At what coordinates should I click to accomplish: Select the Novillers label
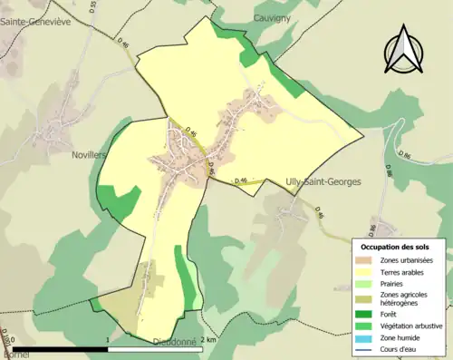89,155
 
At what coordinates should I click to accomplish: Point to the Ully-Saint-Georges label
323,182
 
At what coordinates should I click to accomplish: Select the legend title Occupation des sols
395,247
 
